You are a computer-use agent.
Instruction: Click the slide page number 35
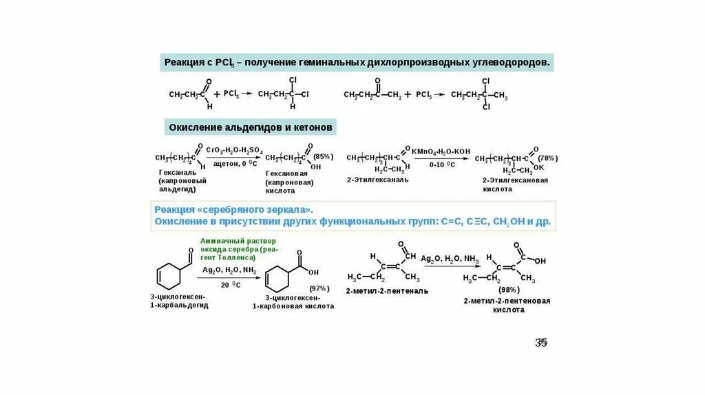pos(540,343)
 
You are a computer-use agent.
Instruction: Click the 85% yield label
pos(323,156)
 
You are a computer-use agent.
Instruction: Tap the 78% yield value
pos(548,158)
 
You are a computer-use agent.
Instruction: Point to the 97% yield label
pos(319,288)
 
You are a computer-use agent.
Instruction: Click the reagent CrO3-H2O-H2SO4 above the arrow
pos(234,149)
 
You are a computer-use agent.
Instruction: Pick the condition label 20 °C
pos(230,284)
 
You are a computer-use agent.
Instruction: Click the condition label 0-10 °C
pos(441,165)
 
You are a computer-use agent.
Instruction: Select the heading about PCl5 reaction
pos(357,63)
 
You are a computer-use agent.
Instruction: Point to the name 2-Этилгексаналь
pos(378,179)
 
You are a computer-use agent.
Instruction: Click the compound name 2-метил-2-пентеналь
pos(387,290)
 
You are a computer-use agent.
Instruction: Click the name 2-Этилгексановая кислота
pos(515,184)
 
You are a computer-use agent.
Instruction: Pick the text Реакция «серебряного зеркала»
pos(233,209)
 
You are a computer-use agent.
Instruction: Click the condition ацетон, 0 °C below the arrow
pos(235,164)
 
